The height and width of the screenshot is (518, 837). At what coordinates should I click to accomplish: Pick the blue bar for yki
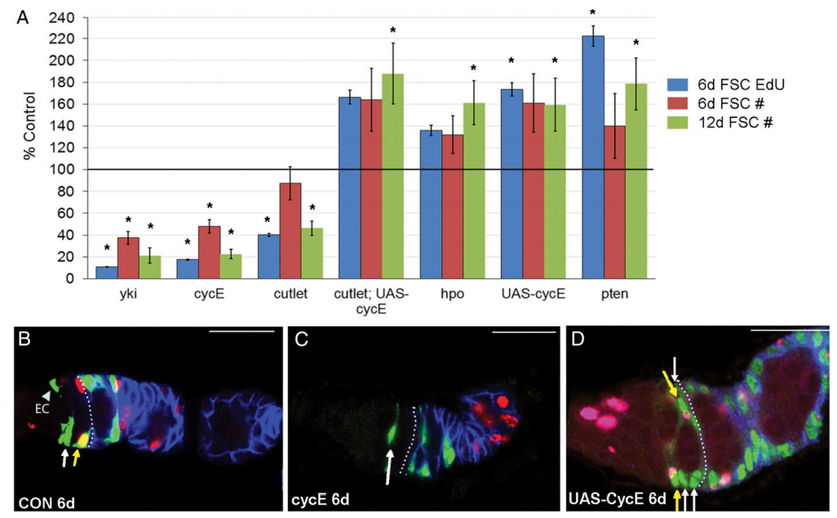(x=107, y=272)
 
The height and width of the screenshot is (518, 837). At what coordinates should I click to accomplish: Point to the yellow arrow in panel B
(x=77, y=456)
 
